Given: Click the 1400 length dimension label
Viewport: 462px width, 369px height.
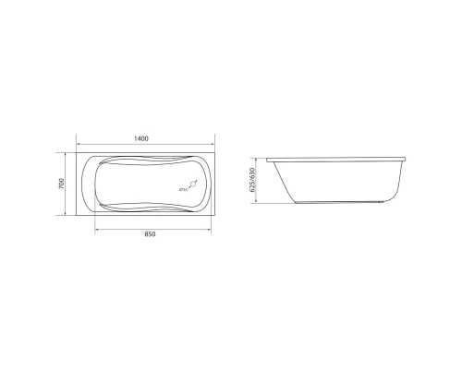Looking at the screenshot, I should coord(141,138).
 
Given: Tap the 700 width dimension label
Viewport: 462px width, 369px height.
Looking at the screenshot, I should coord(62,184).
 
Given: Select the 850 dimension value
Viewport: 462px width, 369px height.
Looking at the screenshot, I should coord(151,234).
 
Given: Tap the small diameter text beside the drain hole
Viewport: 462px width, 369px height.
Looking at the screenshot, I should coord(180,191).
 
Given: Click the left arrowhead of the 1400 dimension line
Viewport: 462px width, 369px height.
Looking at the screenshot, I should coord(77,145).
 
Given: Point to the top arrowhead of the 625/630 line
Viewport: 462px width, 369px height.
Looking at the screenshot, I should coord(259,157).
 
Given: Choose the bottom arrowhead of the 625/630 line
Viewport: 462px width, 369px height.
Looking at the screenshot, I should coord(259,215).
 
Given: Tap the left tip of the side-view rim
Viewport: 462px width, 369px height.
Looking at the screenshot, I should coord(266,158).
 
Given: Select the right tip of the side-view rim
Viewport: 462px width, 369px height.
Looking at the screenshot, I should coord(411,158).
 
